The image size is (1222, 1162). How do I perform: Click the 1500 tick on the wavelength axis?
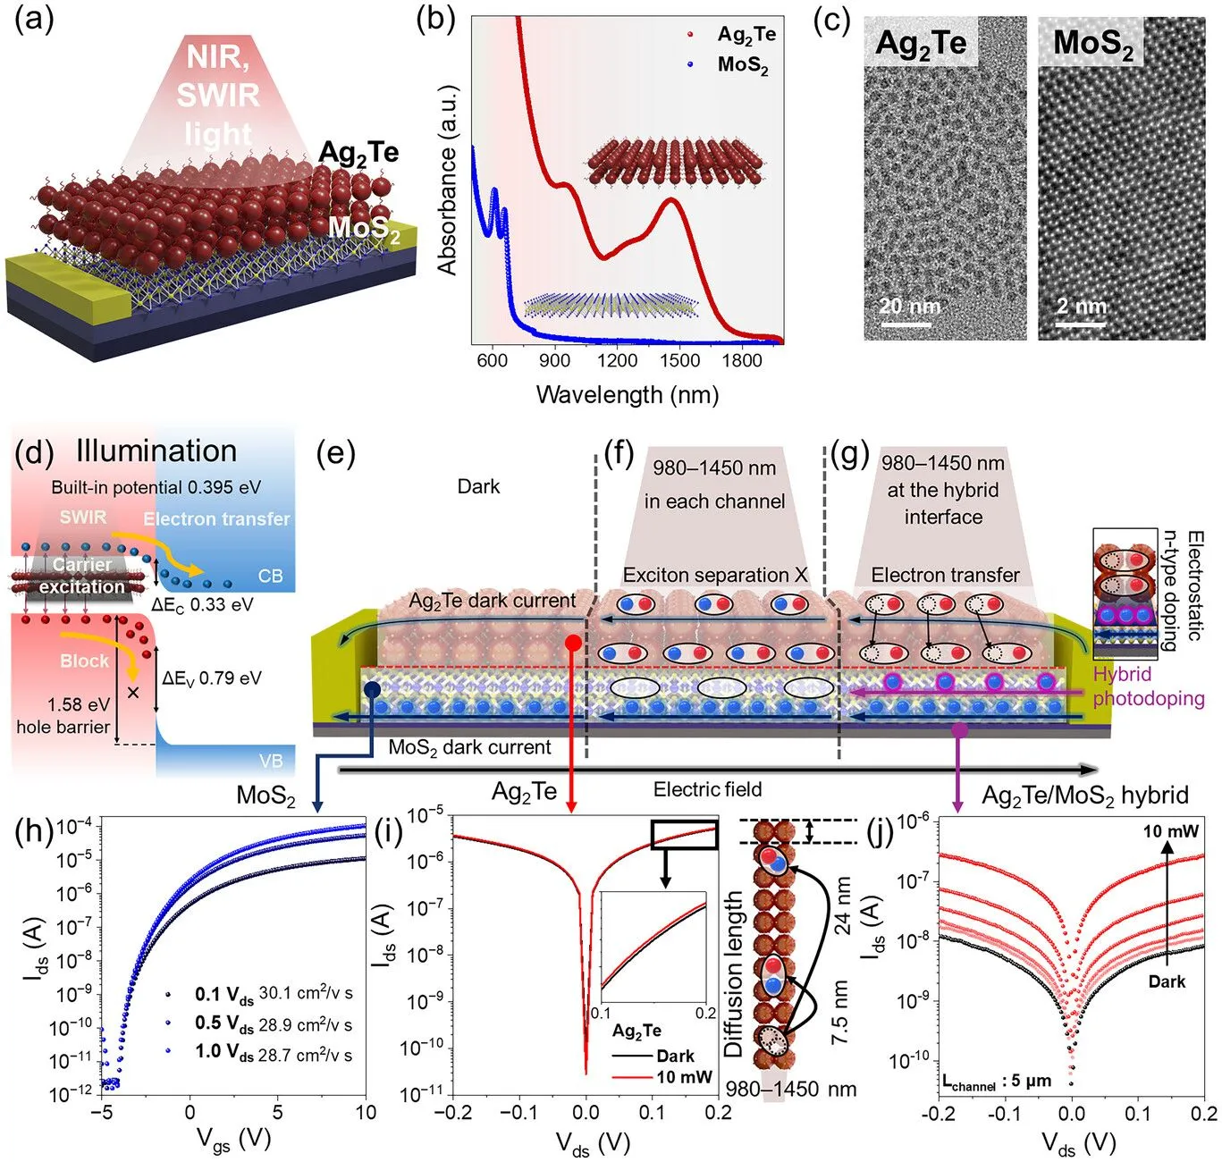click(679, 361)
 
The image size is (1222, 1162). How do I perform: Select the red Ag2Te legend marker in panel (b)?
click(690, 35)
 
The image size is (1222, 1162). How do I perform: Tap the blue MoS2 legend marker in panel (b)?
click(690, 64)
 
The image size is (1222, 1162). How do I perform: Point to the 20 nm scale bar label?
click(909, 307)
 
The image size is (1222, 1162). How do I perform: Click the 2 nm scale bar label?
click(1081, 307)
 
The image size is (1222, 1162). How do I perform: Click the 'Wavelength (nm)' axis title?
click(627, 395)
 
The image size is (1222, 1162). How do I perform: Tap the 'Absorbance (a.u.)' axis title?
click(447, 180)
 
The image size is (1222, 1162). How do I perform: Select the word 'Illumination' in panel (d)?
click(156, 451)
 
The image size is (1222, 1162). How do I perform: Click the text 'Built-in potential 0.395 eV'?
click(156, 487)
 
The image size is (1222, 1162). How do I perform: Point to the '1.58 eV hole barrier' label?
click(63, 715)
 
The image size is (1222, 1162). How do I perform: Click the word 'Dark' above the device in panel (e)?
click(478, 486)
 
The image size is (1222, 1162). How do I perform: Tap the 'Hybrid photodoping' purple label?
click(1148, 686)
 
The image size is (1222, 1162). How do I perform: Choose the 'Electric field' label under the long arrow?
click(707, 789)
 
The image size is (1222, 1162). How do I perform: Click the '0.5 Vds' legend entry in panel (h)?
click(224, 1023)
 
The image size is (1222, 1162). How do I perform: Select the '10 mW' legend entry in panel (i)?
click(684, 1077)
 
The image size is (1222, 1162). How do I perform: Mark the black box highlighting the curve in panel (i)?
click(684, 834)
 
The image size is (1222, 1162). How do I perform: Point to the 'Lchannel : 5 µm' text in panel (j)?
click(996, 1082)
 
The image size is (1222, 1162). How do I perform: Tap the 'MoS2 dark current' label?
click(469, 747)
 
